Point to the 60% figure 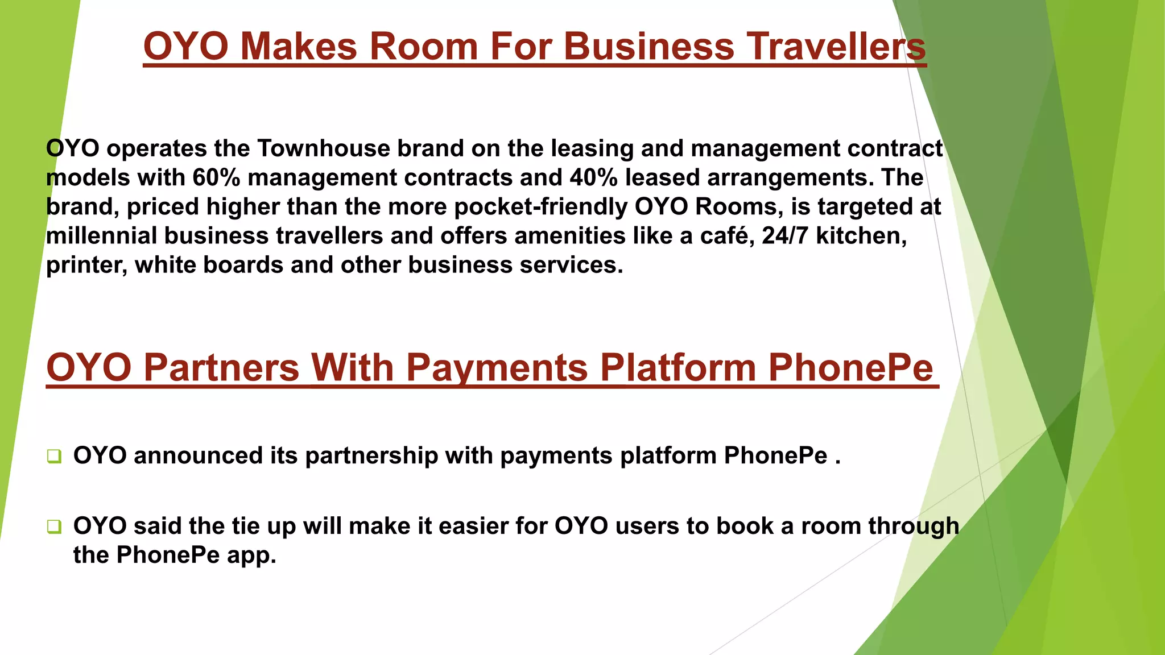tap(216, 177)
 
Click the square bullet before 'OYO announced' tap(54, 456)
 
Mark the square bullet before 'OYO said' tap(54, 527)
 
